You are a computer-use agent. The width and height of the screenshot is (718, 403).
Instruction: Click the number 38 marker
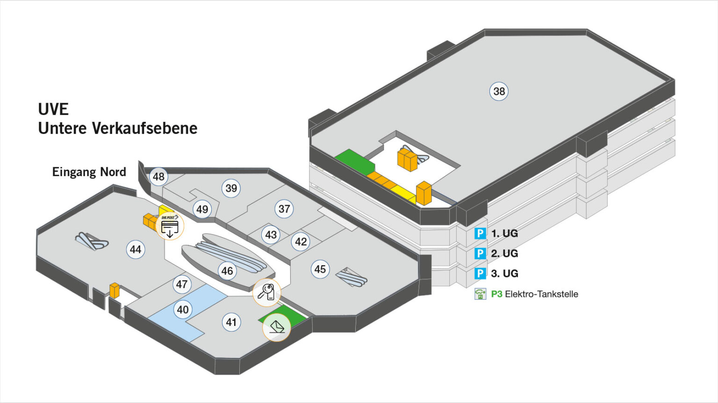(x=499, y=91)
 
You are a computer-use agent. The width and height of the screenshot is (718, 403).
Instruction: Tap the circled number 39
(x=231, y=188)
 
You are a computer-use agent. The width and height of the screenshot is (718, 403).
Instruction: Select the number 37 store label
(x=284, y=209)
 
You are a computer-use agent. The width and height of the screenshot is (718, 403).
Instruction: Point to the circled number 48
(x=159, y=177)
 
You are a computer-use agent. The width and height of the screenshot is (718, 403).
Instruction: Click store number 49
(x=202, y=209)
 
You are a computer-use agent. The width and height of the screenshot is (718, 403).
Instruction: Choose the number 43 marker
(x=271, y=234)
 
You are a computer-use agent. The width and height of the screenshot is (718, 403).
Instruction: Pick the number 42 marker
(x=301, y=241)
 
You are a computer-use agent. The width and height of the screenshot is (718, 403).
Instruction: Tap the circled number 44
(x=136, y=249)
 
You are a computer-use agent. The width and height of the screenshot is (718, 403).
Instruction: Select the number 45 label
(x=320, y=269)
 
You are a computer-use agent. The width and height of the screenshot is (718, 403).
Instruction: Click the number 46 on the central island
(x=227, y=271)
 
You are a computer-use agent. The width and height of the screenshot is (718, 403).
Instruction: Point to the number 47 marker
(x=182, y=284)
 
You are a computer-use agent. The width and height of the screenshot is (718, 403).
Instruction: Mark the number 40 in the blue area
(x=183, y=309)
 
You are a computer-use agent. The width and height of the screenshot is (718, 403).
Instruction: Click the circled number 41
(x=231, y=322)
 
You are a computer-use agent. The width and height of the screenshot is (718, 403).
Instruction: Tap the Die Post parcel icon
(x=170, y=226)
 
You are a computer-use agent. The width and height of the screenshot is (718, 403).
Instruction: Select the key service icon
(x=266, y=292)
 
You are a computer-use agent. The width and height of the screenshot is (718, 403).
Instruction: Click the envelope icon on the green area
(x=277, y=327)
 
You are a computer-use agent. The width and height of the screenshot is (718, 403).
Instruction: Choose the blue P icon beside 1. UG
(x=480, y=233)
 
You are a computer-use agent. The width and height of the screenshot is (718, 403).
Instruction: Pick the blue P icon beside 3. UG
(x=480, y=273)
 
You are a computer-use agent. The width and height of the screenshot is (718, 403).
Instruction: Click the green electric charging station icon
(x=480, y=294)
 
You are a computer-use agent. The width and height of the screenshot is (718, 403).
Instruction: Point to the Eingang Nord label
(x=89, y=172)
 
